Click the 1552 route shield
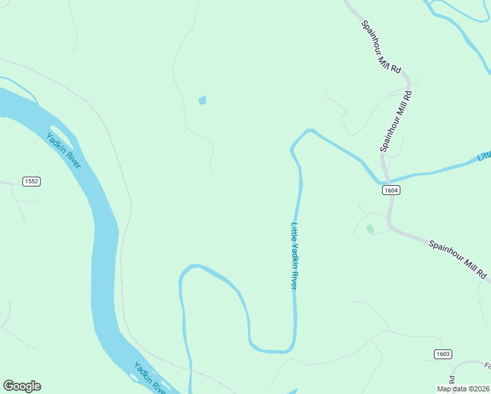[x=32, y=181]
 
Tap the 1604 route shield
[x=391, y=190]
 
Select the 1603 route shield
[x=443, y=354]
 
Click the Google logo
[x=22, y=386]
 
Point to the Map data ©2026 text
[x=463, y=389]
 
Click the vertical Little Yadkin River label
[x=295, y=256]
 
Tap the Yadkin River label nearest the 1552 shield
[x=64, y=150]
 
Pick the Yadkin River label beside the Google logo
[x=150, y=377]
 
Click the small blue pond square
[x=202, y=100]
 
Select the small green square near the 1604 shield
[x=370, y=229]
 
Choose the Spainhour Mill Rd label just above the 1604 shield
[x=396, y=121]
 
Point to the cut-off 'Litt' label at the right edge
[x=484, y=156]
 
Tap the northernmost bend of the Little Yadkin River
[x=309, y=131]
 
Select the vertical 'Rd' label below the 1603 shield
[x=452, y=380]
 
